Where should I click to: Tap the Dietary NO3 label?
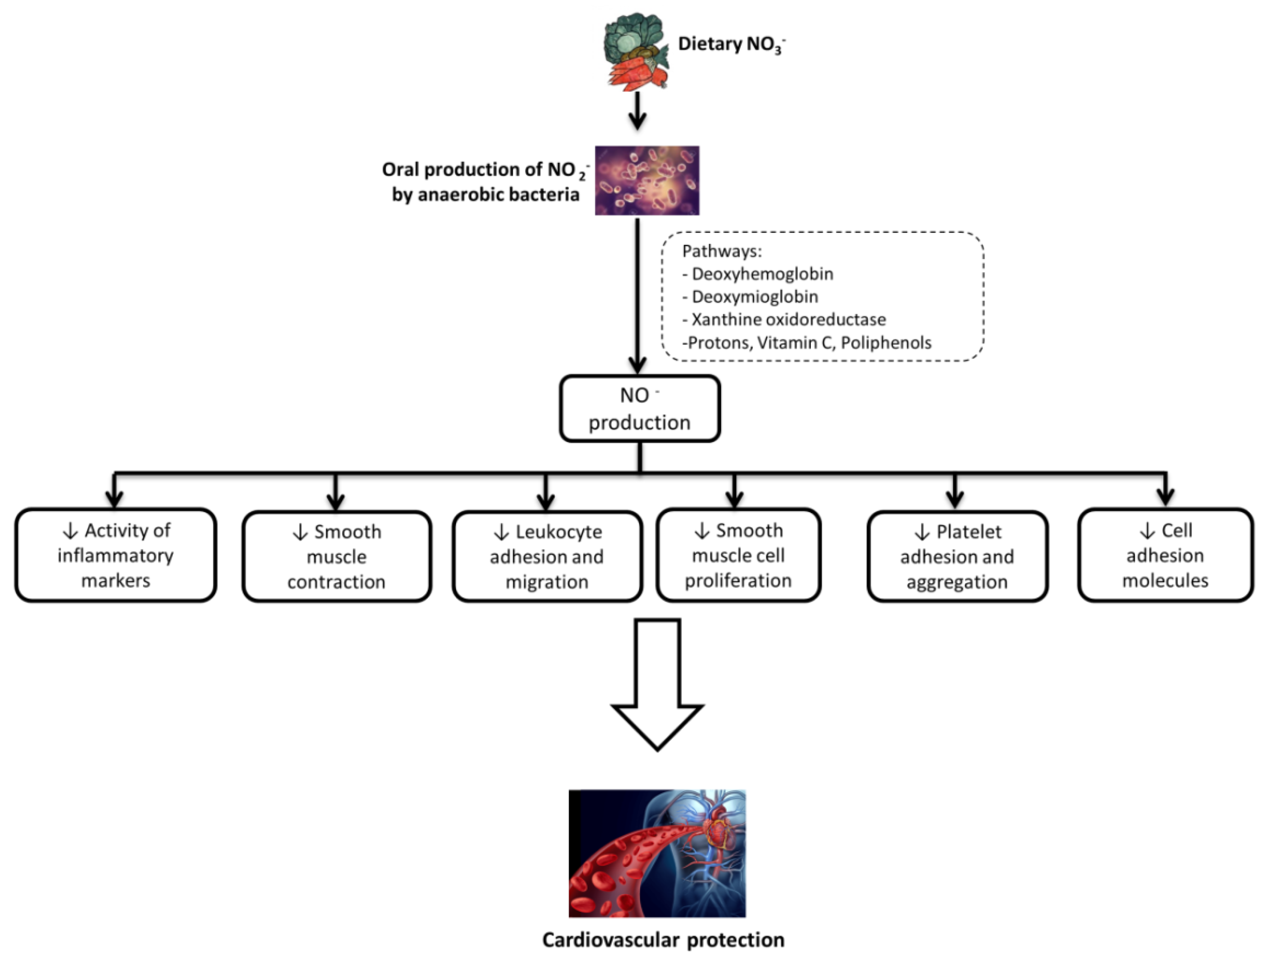[731, 45]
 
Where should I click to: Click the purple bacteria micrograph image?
[647, 180]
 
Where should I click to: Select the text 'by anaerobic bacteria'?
[485, 195]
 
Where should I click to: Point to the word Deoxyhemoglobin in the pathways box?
[762, 274]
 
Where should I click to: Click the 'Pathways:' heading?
[722, 251]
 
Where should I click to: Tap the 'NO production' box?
[639, 409]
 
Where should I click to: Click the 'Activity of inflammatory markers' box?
[115, 555]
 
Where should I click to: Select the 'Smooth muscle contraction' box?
[336, 557]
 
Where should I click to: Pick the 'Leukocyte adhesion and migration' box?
[546, 557]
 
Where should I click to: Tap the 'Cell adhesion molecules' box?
[1165, 555]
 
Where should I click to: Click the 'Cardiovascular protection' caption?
[663, 940]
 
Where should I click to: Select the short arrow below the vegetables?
[637, 111]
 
